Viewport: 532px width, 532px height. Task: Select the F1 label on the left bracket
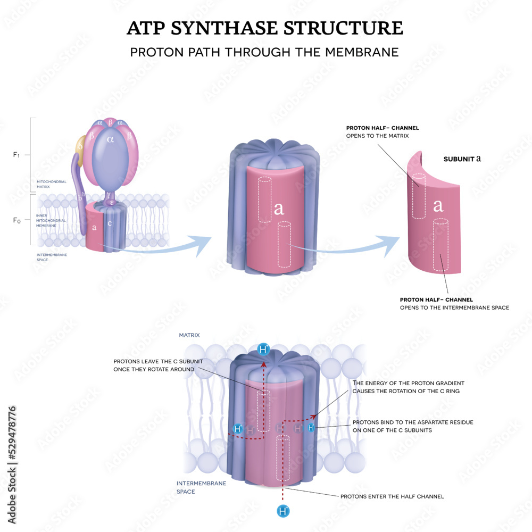coord(16,155)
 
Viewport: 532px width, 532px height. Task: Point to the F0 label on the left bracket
coord(16,219)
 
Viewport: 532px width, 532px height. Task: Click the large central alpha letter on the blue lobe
coord(111,154)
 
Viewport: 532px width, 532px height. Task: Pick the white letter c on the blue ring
coord(110,223)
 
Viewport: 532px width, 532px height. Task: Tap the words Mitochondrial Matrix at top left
coord(51,184)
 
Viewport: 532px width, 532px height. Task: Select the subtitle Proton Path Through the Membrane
coord(264,53)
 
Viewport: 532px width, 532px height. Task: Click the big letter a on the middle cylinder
coord(278,209)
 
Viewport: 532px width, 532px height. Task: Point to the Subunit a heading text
coord(463,159)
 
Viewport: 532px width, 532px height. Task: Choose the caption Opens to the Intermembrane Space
coord(454,307)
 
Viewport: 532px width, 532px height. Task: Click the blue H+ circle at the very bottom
coord(284,511)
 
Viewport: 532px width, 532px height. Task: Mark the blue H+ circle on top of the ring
coord(263,350)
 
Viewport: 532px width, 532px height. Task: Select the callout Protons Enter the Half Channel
coord(392,496)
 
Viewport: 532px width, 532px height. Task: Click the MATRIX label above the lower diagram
coord(189,335)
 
